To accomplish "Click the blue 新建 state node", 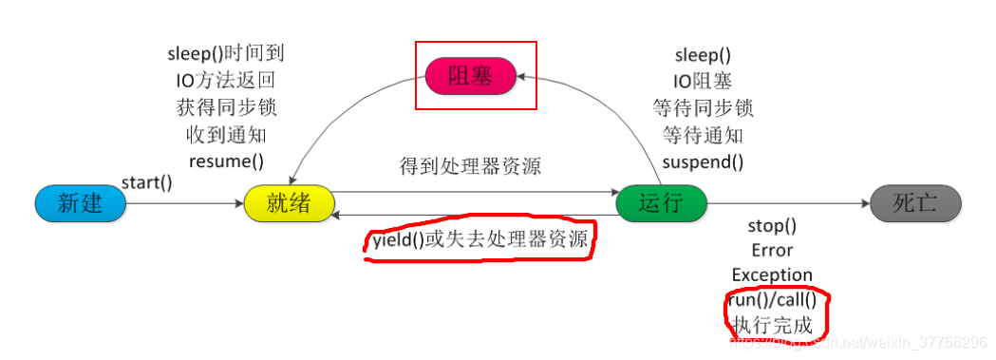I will tap(80, 203).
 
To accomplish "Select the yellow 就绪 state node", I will tap(289, 203).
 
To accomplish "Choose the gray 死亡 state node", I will tap(915, 203).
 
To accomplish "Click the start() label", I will tap(146, 182).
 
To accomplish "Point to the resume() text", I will tap(226, 161).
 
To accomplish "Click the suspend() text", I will tap(703, 161).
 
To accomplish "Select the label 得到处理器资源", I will tap(470, 167).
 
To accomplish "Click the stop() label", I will tap(772, 227).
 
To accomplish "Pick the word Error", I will tap(772, 251).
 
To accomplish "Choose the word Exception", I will tap(772, 275).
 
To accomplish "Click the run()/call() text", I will tap(772, 300).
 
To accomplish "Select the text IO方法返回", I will tap(226, 81).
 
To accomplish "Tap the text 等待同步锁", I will tap(703, 107).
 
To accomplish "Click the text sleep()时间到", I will tap(226, 54).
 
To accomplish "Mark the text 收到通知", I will tap(226, 134).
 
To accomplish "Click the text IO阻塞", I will tap(703, 81).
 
